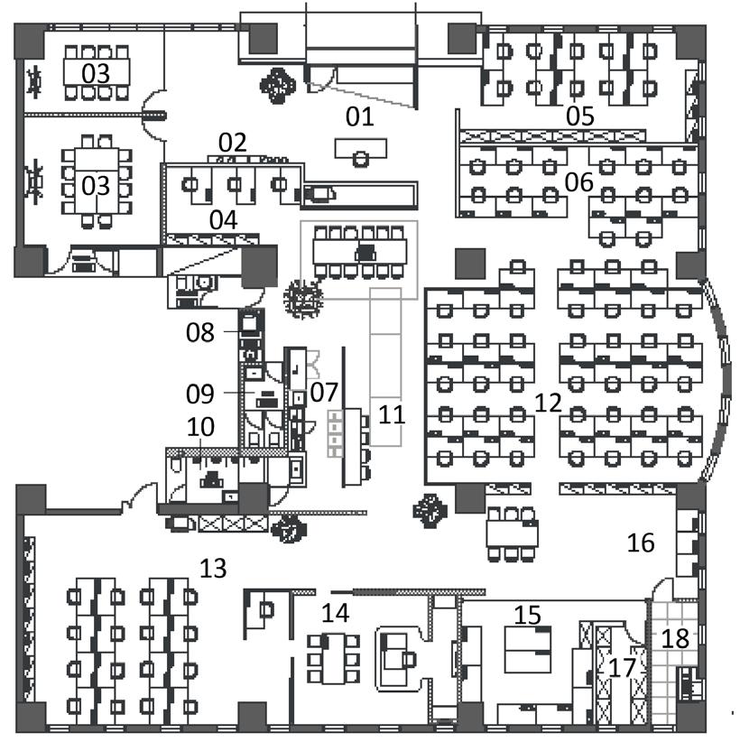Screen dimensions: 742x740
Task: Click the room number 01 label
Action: (359, 116)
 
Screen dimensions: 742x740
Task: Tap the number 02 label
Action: (233, 142)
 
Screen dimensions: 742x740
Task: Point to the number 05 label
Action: (579, 116)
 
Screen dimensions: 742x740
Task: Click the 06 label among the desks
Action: (578, 182)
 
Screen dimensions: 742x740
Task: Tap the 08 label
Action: (200, 332)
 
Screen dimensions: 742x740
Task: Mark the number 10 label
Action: (201, 426)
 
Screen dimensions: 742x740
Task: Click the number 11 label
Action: (392, 414)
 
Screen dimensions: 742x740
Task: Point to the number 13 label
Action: (214, 568)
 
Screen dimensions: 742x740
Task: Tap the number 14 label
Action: (335, 613)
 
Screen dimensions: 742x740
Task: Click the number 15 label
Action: (528, 615)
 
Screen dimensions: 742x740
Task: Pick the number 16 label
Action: (641, 542)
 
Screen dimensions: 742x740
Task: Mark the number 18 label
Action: (676, 638)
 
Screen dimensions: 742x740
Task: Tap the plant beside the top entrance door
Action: (277, 85)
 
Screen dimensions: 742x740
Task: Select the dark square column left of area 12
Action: (470, 264)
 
